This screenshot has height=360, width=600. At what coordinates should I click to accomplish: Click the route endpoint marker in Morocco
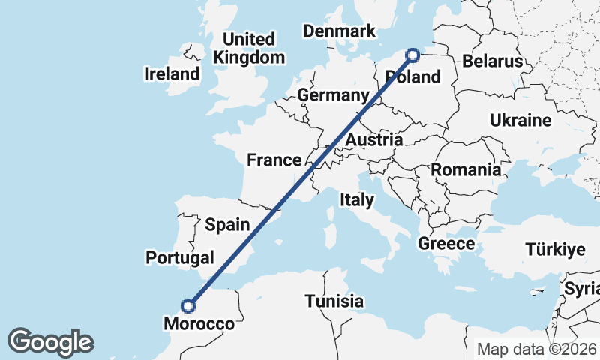[188, 305]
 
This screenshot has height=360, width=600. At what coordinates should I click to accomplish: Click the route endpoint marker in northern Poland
[412, 54]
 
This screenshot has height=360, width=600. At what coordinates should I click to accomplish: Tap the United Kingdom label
[249, 48]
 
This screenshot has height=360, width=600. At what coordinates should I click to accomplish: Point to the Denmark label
[339, 31]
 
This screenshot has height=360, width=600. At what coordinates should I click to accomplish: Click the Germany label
[333, 95]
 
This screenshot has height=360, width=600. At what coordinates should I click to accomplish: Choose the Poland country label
[412, 76]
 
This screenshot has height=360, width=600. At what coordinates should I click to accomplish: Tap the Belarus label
[491, 61]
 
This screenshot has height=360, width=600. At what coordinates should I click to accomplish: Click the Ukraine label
[520, 120]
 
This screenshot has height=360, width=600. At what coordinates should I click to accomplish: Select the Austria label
[374, 140]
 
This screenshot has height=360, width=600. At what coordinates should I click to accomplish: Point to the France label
[274, 160]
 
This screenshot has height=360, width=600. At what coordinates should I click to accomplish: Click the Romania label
[466, 170]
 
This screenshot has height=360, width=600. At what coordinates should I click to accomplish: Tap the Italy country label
[356, 199]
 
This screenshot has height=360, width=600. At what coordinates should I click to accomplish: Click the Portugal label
[180, 257]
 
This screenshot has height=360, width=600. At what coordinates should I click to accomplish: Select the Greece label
[446, 244]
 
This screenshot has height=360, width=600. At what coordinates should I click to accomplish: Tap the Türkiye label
[554, 250]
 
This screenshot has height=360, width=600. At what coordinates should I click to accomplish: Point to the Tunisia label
[334, 301]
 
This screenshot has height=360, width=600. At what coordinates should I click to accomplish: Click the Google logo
[50, 341]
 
